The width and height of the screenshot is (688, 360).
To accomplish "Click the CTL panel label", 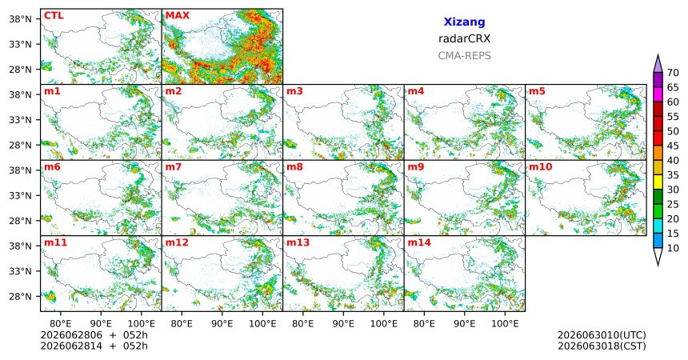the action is click(x=54, y=16).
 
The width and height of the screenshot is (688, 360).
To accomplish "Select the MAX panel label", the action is click(x=178, y=16).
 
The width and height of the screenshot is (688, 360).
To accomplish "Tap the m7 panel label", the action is click(x=174, y=167).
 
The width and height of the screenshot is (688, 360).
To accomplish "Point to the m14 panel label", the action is click(x=419, y=242).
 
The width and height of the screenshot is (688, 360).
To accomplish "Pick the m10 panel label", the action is click(x=540, y=167).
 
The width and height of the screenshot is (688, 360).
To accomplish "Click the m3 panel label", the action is click(x=295, y=91).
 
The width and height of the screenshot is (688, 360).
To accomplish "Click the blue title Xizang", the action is click(x=464, y=22).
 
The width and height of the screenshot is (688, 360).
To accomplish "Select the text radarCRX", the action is click(x=464, y=38).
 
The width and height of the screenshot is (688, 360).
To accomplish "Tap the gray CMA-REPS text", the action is click(x=464, y=56).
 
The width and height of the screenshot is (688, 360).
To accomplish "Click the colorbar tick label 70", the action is click(x=673, y=73).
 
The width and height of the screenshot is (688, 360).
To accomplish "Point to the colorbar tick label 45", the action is click(x=673, y=146).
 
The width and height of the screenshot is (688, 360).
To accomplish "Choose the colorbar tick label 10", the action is click(x=673, y=249).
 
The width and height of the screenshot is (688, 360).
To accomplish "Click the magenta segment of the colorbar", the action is click(x=658, y=95).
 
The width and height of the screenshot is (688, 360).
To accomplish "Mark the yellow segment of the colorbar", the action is click(x=658, y=182).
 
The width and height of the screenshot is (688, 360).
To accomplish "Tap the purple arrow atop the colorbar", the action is click(x=658, y=64).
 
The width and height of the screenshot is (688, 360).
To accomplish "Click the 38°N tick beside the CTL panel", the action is click(x=20, y=19).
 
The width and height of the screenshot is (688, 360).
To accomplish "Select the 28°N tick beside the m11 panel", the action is click(x=20, y=296).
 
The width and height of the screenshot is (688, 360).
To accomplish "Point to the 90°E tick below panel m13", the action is click(x=343, y=324).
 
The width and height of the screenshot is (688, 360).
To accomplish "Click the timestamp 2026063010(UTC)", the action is click(x=602, y=335).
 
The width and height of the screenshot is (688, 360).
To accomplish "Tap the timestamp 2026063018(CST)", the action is click(x=602, y=346).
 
